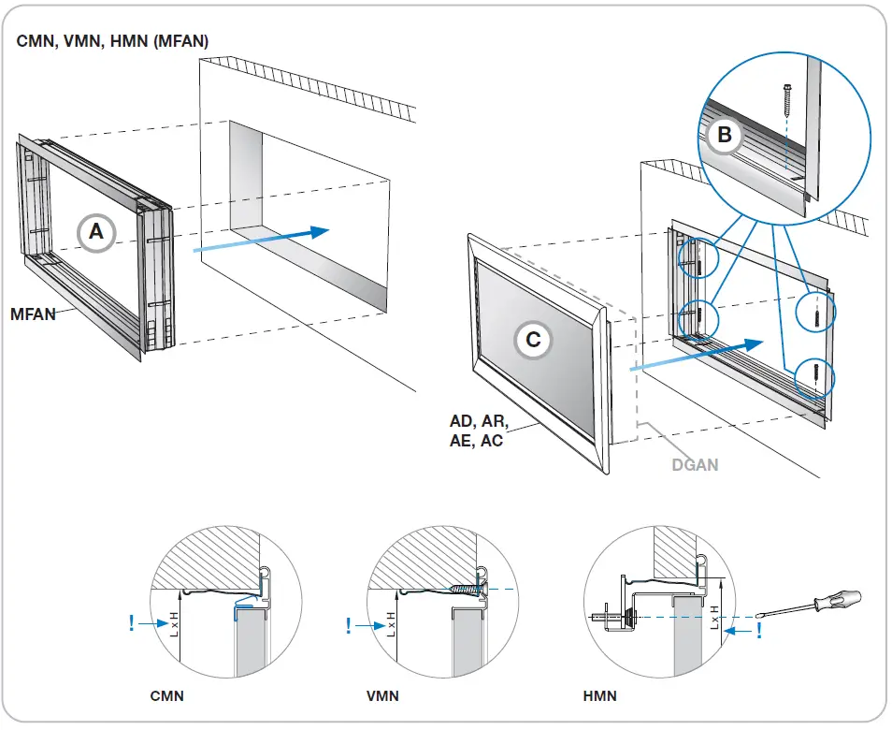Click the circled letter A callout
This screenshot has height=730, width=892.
tap(96, 232)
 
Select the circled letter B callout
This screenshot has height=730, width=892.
tap(724, 135)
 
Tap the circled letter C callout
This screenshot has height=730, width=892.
tap(533, 340)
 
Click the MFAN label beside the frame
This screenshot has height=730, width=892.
tap(33, 314)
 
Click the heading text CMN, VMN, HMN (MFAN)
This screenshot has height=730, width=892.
tap(113, 41)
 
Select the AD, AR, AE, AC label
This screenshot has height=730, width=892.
tap(480, 432)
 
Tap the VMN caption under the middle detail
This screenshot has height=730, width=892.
tap(384, 696)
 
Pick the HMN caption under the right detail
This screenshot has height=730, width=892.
tap(599, 696)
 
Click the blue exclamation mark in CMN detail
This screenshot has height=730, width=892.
tap(131, 621)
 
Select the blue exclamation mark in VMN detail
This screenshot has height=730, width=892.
tap(349, 625)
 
